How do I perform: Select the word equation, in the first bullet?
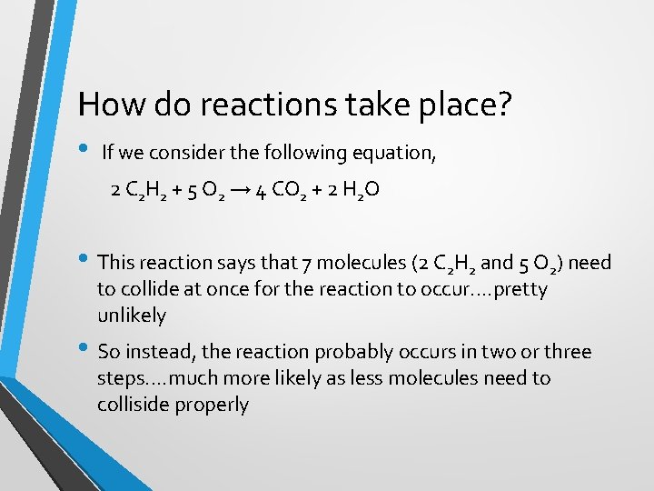[397, 153]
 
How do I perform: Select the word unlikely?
[132, 316]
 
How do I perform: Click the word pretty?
[517, 289]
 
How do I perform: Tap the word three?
[562, 352]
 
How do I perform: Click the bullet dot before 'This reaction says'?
[84, 261]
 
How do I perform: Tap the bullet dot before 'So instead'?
[84, 350]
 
